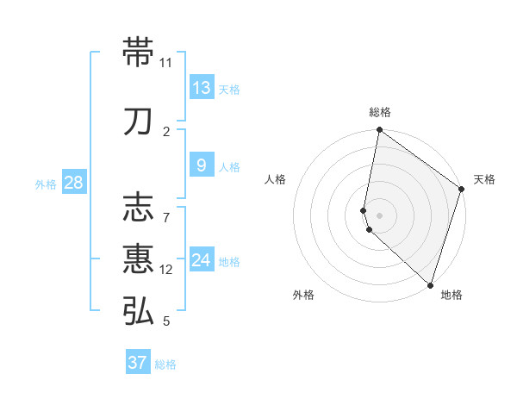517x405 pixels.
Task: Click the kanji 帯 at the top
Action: coord(140,53)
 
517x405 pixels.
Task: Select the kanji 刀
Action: coord(140,121)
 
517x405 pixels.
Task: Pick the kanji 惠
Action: coord(140,259)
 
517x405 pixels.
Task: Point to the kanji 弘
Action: coord(140,311)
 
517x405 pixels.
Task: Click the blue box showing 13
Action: coord(202,88)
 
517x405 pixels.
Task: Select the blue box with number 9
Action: coord(202,165)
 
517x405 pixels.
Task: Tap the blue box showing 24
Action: coord(202,260)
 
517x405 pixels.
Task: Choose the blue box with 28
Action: coord(74,183)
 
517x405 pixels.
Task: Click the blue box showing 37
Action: coord(138,363)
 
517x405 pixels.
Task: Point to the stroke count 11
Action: coord(166,63)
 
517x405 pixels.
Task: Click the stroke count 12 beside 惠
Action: coord(166,270)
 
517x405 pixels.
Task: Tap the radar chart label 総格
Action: coord(379,112)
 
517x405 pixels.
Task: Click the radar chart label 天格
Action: coord(484,179)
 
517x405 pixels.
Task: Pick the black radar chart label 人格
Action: coord(275,179)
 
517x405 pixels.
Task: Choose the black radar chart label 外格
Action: coord(303,296)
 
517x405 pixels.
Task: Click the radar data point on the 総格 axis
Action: coord(379,131)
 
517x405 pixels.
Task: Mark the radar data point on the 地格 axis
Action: coord(430,283)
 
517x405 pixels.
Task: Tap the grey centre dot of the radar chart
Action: coord(379,214)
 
